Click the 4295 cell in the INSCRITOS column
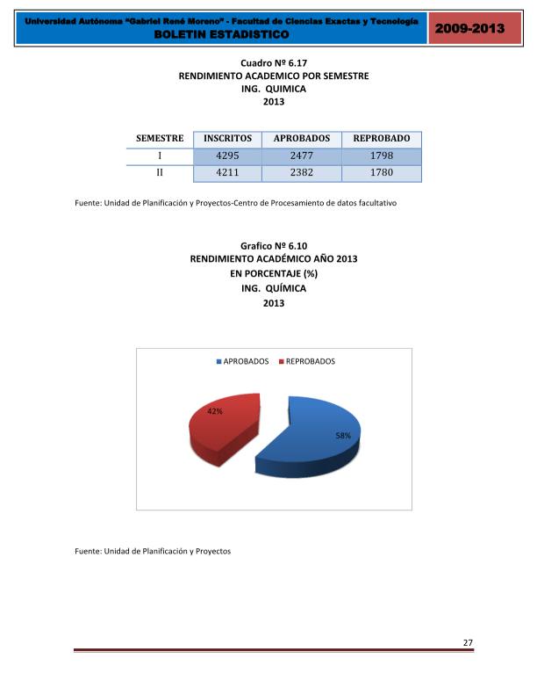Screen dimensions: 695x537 point(227,156)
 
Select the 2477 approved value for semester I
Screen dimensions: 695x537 point(302,156)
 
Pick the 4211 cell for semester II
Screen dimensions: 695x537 point(227,173)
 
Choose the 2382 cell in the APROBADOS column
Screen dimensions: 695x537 point(302,173)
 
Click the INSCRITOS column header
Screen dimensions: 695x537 point(227,139)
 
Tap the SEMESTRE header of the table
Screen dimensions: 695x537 point(160,139)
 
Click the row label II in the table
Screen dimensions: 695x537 point(160,173)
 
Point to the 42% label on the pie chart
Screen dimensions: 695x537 point(214,410)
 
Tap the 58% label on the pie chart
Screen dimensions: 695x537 point(343,436)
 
